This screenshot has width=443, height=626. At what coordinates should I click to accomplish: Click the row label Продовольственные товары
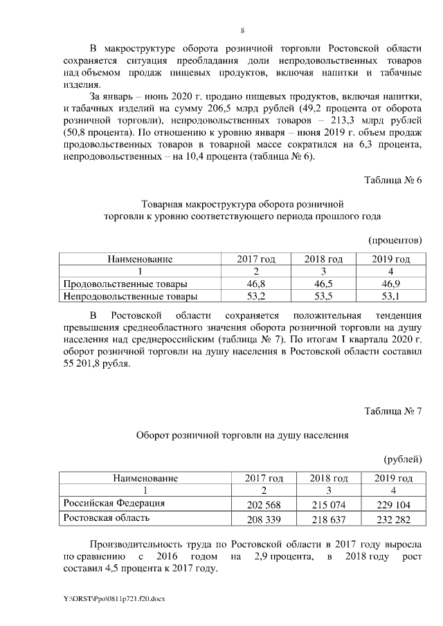click(x=125, y=284)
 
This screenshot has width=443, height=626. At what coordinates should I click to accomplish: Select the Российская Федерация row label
click(x=114, y=502)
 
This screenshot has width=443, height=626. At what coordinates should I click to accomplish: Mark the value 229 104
click(x=393, y=504)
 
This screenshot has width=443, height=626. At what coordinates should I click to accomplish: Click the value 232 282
click(x=393, y=519)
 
